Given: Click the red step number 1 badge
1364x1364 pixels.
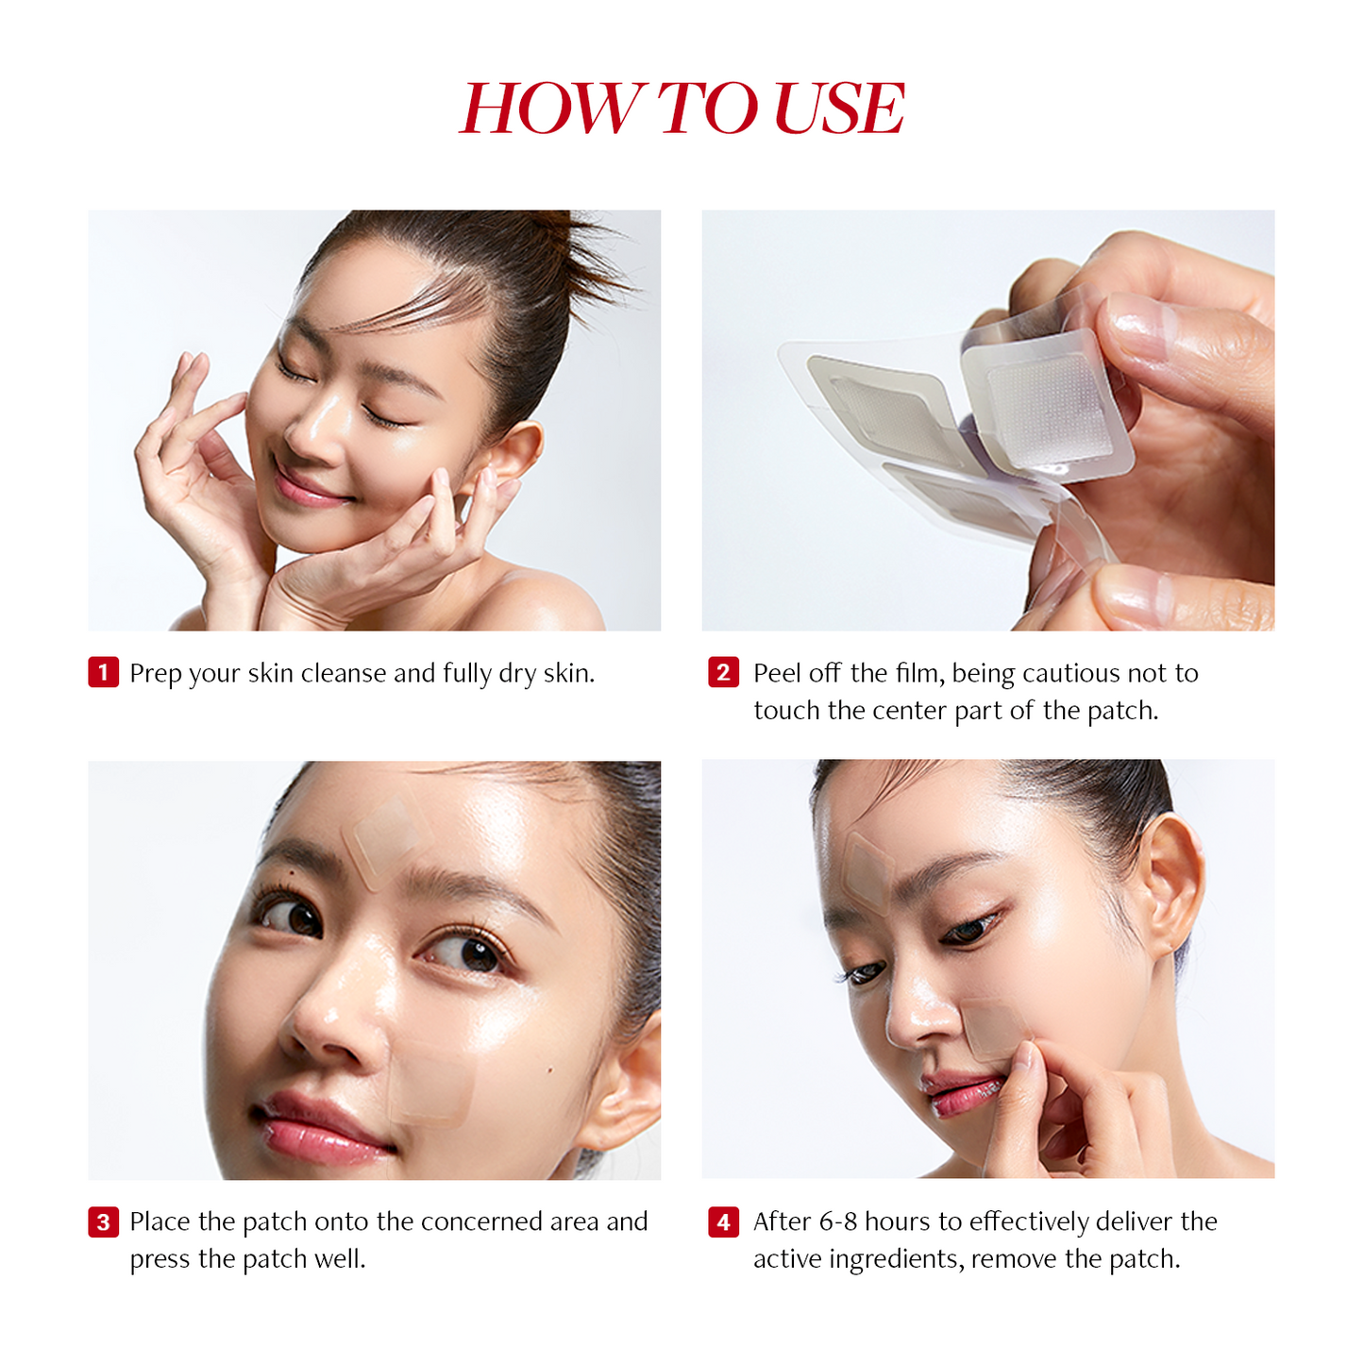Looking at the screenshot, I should pyautogui.click(x=103, y=673).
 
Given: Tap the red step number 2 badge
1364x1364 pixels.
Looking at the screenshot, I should pyautogui.click(x=723, y=673).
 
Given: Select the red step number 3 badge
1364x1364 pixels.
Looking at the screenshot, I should pyautogui.click(x=103, y=1222).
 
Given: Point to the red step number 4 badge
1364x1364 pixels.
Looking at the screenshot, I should pyautogui.click(x=723, y=1222).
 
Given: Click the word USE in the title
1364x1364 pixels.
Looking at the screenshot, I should pyautogui.click(x=838, y=109).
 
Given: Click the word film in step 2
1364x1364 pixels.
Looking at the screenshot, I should pyautogui.click(x=918, y=674).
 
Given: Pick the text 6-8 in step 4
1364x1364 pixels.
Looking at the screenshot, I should pyautogui.click(x=838, y=1222).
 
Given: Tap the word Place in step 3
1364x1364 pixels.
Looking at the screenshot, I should pyautogui.click(x=160, y=1222).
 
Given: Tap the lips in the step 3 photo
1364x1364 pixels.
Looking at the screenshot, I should pyautogui.click(x=316, y=1128).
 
